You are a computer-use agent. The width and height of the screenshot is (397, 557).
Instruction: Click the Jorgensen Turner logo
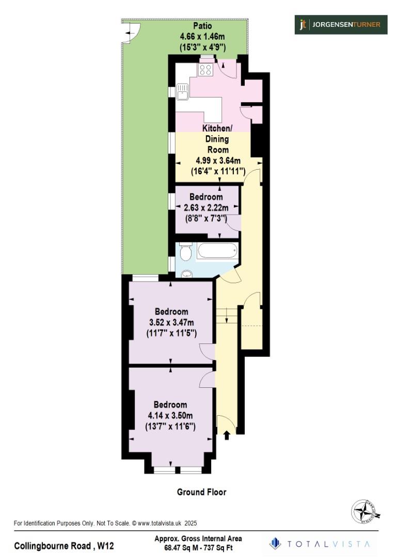coord(341,24)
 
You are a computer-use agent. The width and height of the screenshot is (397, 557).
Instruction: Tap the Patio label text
coord(202,26)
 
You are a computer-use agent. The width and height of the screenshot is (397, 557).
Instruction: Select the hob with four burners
coord(205,70)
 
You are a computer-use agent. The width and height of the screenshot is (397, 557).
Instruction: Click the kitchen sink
coord(183,92)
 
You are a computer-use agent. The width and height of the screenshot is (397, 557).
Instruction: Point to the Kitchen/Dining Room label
coord(217,139)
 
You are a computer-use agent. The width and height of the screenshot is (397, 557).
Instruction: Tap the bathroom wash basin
coord(186,274)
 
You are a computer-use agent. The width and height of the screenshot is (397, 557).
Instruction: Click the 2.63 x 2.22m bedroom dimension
coord(206,208)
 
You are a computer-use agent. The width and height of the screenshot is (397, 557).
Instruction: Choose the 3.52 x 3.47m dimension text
coord(171,322)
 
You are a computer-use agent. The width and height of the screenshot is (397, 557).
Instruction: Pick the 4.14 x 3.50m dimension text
coord(170,416)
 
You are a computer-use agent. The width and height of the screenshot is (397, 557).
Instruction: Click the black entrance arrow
coord(226,435)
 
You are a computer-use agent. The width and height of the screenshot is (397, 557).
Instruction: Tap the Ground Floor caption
coord(201,492)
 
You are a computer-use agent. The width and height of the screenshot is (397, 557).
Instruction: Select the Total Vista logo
coord(320,544)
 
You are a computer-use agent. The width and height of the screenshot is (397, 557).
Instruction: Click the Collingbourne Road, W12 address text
coord(64,545)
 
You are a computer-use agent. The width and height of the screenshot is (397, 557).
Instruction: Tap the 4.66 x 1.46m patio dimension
coord(202,37)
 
